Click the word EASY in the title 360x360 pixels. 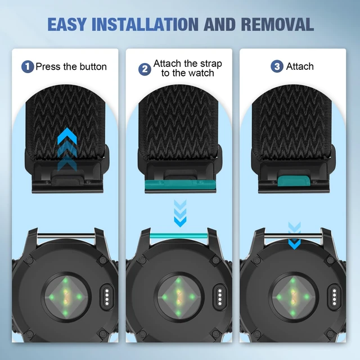[67, 24]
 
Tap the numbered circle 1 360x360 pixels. [28, 66]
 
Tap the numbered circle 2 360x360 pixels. [145, 69]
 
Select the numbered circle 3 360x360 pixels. [277, 66]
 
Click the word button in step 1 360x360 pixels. [93, 66]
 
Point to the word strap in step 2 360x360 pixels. [211, 64]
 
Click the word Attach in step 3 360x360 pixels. [300, 66]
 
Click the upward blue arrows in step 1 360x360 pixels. [67, 149]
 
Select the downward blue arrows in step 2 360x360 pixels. [180, 213]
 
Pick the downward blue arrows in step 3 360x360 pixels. [294, 236]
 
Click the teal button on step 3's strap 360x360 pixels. [294, 181]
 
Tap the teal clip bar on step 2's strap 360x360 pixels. [180, 185]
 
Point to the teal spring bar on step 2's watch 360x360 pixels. [179, 236]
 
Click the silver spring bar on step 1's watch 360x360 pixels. [66, 236]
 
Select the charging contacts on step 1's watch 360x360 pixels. [107, 298]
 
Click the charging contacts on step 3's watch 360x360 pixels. [334, 298]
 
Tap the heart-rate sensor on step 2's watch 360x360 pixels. [178, 297]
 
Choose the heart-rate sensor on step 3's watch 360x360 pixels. [292, 297]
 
